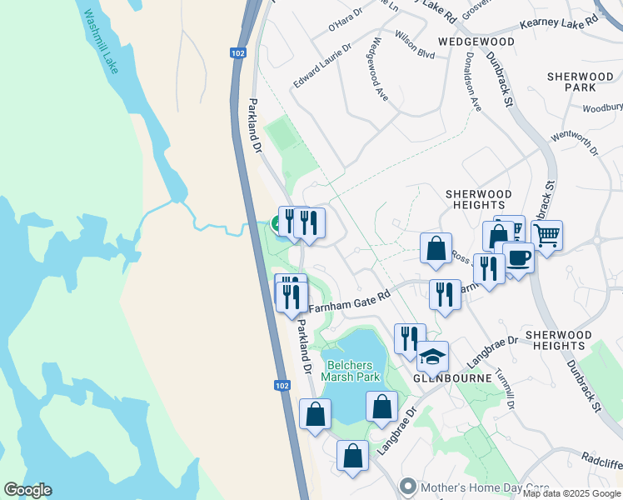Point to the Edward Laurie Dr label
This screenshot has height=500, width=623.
(322, 67)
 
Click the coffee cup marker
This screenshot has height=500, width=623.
(518, 257)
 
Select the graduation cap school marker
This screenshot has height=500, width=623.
(432, 357)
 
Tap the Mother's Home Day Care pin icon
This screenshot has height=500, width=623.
(407, 485)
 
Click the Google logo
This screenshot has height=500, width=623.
(27, 490)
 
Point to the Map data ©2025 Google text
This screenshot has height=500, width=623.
(571, 493)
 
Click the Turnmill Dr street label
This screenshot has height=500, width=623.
(505, 388)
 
